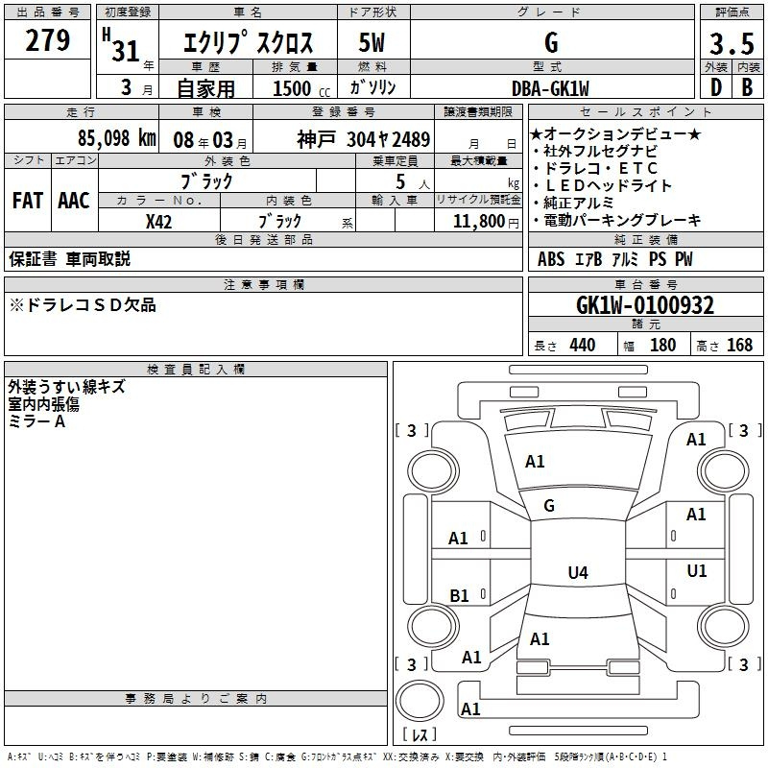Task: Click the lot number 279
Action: pyautogui.click(x=47, y=40)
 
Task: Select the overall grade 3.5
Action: pyautogui.click(x=732, y=43)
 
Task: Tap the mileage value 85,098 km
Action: pyautogui.click(x=116, y=138)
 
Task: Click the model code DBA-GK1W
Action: pyautogui.click(x=550, y=88)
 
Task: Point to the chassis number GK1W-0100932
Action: pyautogui.click(x=645, y=305)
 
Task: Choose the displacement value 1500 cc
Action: pyautogui.click(x=301, y=88)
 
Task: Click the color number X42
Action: pyautogui.click(x=158, y=222)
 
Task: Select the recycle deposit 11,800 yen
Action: pyautogui.click(x=486, y=222)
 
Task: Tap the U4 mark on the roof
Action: pyautogui.click(x=578, y=572)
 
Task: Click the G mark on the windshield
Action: pyautogui.click(x=549, y=506)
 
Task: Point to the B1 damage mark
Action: pyautogui.click(x=459, y=595)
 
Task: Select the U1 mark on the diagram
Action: pyautogui.click(x=697, y=570)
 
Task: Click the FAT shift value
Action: pyautogui.click(x=28, y=201)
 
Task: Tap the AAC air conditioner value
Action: pyautogui.click(x=74, y=201)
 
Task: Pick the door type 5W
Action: pyautogui.click(x=372, y=42)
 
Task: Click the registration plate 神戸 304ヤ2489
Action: pyautogui.click(x=364, y=139)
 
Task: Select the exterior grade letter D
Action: pyautogui.click(x=716, y=87)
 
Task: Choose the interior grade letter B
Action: pyautogui.click(x=747, y=87)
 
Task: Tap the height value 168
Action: pyautogui.click(x=739, y=345)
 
